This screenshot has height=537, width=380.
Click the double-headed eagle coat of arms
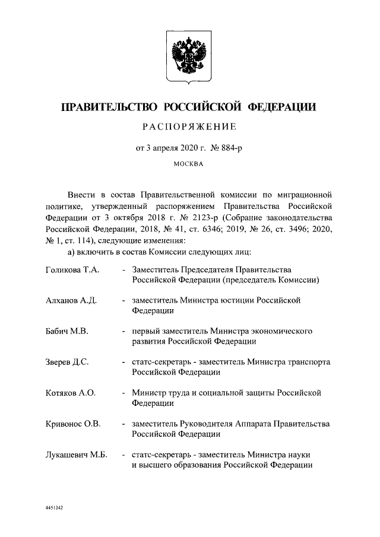coord(189,58)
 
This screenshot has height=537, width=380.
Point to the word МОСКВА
coord(189,166)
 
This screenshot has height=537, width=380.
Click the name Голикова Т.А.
coord(72,271)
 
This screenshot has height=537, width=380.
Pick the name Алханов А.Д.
coord(71,301)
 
